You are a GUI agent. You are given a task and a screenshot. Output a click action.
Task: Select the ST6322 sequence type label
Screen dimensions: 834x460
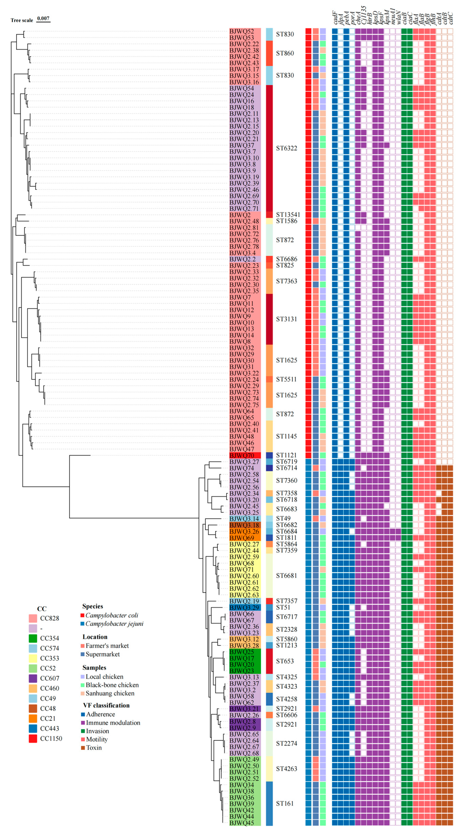point(286,148)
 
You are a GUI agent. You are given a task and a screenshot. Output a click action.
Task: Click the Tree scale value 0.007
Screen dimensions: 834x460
point(43,18)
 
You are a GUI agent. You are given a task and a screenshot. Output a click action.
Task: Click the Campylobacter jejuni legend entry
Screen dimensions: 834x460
point(114,623)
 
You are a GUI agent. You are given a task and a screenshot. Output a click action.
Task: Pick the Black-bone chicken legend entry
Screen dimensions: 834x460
point(112,685)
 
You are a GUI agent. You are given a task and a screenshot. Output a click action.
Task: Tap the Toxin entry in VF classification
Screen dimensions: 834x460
point(93,748)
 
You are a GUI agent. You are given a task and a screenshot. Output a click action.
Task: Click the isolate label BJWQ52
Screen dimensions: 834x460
point(242,31)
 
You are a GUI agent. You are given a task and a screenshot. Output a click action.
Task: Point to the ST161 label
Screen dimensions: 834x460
point(284,804)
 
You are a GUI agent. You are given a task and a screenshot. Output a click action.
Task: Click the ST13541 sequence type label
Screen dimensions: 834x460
point(288,215)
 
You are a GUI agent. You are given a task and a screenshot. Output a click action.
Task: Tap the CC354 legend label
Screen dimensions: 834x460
point(49,638)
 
